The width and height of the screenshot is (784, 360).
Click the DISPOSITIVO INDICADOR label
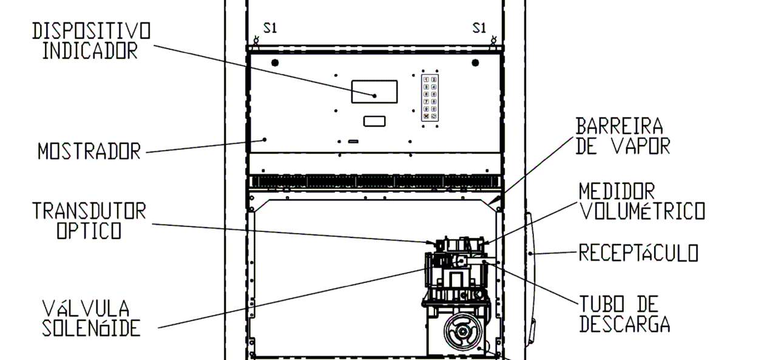[92, 41]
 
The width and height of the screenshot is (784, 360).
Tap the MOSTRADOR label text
[89, 151]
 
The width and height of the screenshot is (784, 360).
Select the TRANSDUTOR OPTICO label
[89, 220]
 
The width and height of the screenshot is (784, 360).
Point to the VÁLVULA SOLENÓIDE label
[91, 318]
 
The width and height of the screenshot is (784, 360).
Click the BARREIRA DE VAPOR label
[623, 136]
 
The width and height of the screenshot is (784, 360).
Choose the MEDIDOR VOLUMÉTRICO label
[642, 202]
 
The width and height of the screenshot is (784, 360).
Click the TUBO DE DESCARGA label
[625, 314]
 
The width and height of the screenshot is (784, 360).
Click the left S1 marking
[270, 28]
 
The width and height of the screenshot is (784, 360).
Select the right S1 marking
[479, 28]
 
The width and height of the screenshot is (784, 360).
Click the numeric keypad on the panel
[430, 98]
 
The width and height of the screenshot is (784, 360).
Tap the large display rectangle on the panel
[374, 92]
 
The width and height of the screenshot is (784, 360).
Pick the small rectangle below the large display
[374, 121]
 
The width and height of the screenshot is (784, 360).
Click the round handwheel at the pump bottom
[462, 331]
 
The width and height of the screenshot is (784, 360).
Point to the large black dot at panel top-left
[275, 63]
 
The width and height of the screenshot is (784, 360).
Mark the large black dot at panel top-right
[475, 63]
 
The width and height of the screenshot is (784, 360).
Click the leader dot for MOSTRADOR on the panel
[265, 140]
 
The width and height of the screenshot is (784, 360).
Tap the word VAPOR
[641, 146]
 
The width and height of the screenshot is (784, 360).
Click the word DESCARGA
[625, 324]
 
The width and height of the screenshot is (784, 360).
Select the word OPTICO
[89, 231]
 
